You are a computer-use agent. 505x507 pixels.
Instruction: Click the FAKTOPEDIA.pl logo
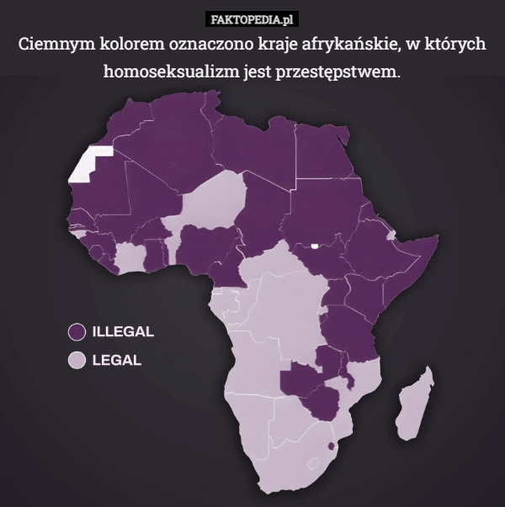click(x=252, y=18)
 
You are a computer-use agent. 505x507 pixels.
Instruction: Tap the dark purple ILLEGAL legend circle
click(x=77, y=331)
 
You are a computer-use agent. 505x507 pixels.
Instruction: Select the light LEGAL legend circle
click(x=77, y=361)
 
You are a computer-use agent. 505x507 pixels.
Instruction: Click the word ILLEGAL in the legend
click(x=122, y=331)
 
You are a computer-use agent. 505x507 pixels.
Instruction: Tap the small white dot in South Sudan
click(x=313, y=246)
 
